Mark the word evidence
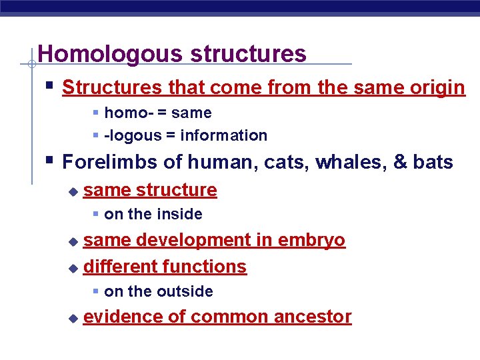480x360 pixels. [123, 317]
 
